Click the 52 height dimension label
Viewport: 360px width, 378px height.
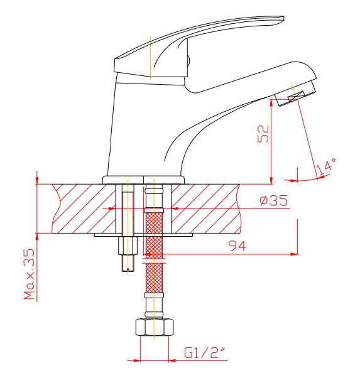coord(263,134)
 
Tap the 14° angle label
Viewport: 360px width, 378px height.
coord(326,166)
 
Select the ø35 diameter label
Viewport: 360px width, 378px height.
coord(274,200)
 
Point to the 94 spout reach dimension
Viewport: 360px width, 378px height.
coord(237,246)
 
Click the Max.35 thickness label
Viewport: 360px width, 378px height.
coord(30,274)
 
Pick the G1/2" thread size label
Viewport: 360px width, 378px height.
coord(205,353)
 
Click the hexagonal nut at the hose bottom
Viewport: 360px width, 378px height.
coord(155,327)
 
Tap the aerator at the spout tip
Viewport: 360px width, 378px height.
coord(295,94)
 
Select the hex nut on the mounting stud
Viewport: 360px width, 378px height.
coord(128,246)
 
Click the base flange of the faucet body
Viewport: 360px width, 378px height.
coord(144,180)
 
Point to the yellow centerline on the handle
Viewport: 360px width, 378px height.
coord(150,58)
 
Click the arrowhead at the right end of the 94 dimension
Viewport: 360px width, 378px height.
coord(294,254)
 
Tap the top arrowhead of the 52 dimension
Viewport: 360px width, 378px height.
coord(271,102)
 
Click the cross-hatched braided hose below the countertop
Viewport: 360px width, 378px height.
coord(154,252)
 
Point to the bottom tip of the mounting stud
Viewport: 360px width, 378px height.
coord(128,271)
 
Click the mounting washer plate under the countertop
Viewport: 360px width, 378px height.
coord(143,235)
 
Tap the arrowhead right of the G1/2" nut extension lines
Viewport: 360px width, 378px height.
coord(172,361)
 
